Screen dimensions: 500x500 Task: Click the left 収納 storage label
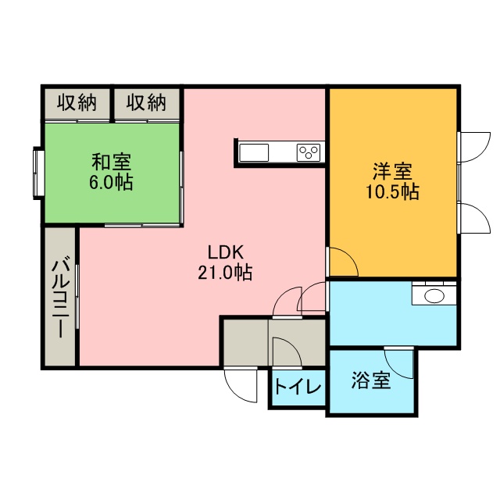77,102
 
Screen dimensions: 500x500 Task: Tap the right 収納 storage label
146,102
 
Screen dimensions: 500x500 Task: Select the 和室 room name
111,162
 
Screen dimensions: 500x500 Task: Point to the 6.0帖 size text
111,182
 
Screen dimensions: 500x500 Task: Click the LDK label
226,252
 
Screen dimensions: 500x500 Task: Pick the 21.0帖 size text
225,273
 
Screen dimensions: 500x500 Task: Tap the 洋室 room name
392,171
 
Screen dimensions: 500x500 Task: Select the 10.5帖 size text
392,191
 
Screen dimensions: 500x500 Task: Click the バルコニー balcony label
61,297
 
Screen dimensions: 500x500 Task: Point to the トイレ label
298,387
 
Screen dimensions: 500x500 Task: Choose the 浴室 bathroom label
371,380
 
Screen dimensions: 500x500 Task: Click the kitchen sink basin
254,153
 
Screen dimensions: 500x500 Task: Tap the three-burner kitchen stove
309,153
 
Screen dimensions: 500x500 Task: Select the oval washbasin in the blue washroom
434,295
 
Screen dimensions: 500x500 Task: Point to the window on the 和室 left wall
39,173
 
